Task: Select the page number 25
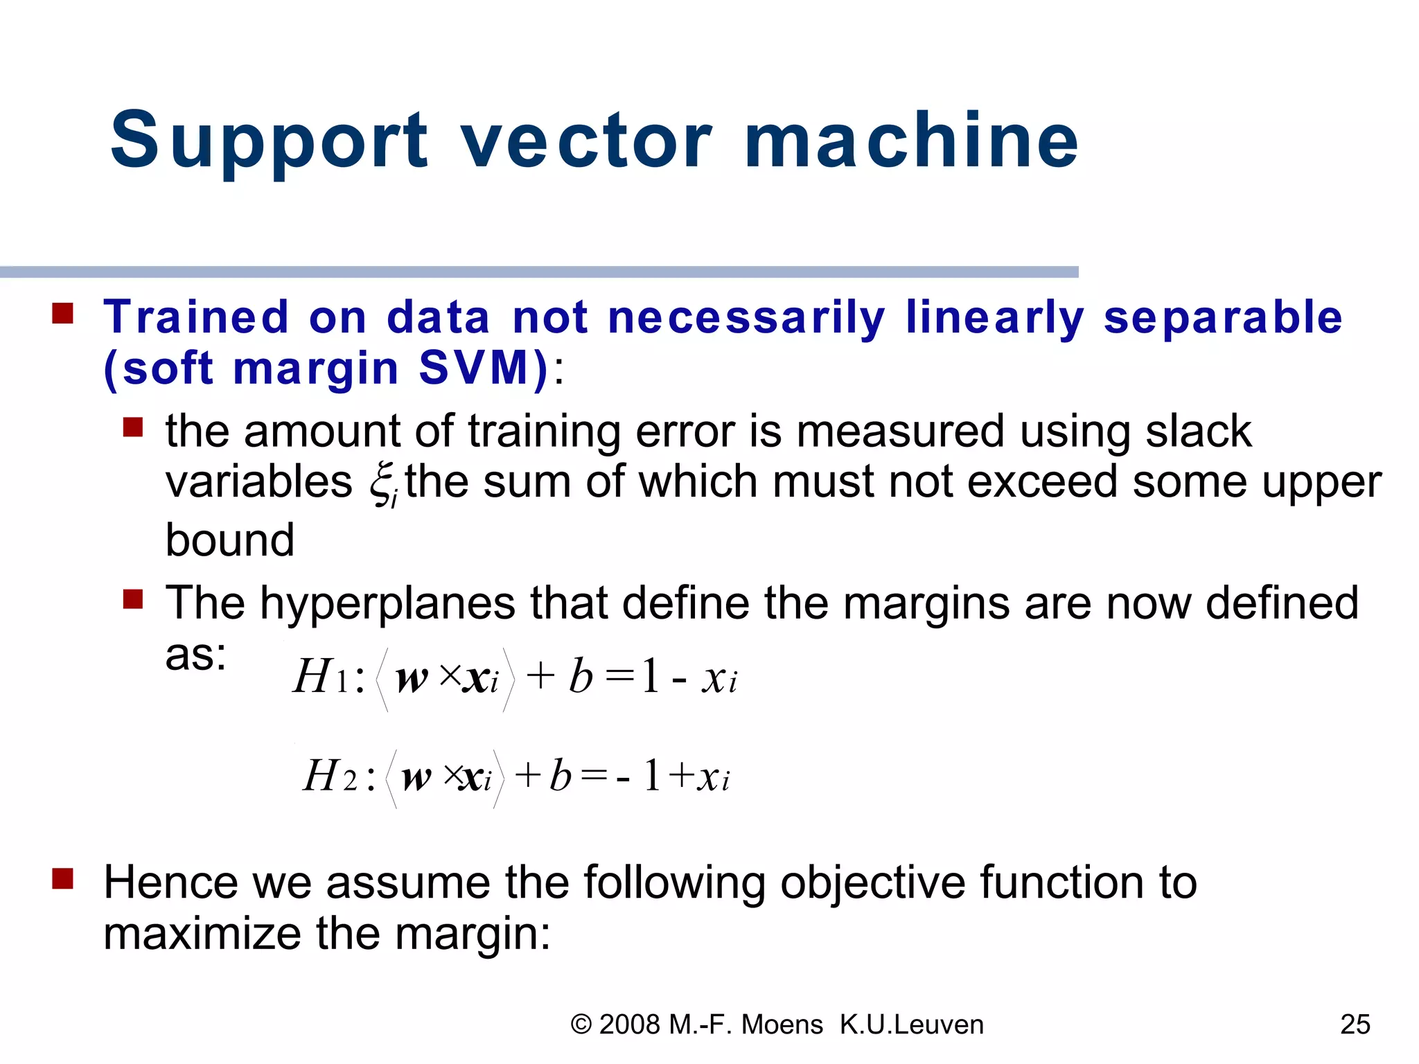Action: click(1355, 1024)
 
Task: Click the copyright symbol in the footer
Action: click(581, 1025)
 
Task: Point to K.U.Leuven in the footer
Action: click(911, 1025)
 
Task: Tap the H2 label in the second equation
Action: click(330, 776)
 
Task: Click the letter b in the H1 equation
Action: click(581, 677)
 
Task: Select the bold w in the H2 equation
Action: click(416, 778)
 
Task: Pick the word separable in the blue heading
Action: click(1223, 318)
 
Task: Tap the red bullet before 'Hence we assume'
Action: click(63, 878)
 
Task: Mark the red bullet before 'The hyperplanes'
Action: click(132, 598)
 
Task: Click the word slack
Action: click(1198, 431)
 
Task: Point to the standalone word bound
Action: click(230, 540)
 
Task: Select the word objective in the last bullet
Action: click(872, 883)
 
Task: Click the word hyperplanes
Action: click(387, 604)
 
